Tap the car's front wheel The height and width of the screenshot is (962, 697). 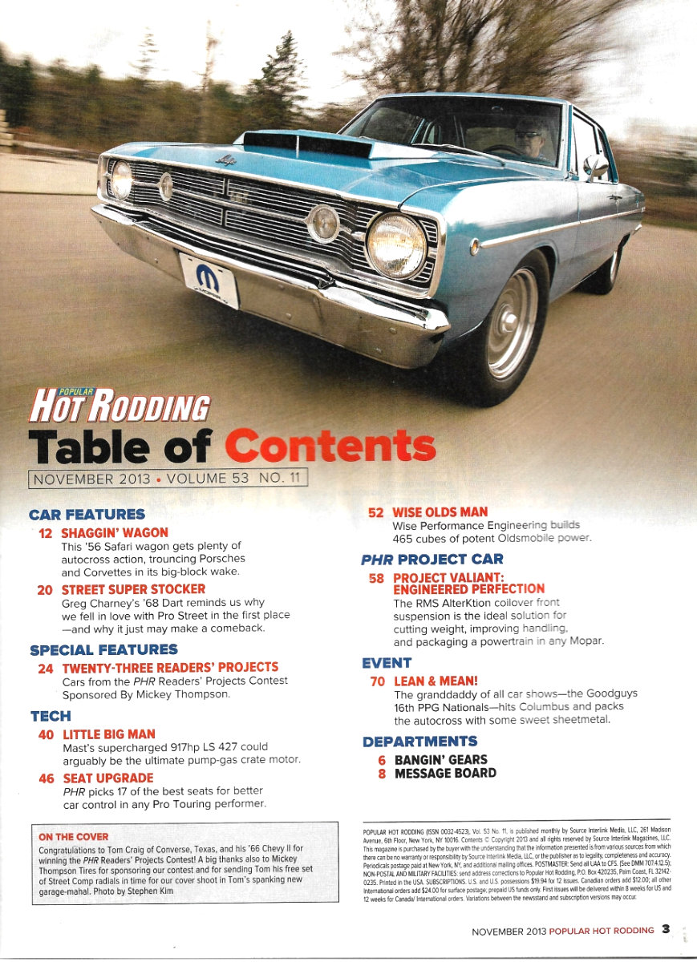[x=510, y=324]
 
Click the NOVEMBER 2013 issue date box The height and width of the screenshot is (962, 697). [x=168, y=479]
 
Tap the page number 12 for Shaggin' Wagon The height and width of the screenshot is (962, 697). [x=47, y=532]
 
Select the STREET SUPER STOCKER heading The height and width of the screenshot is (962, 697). [x=133, y=589]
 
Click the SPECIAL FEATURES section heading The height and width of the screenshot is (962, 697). [x=103, y=649]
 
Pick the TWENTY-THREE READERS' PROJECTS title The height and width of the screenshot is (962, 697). [x=170, y=667]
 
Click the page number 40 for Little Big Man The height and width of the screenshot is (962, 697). [x=47, y=734]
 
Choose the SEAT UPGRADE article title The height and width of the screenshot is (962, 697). [x=107, y=778]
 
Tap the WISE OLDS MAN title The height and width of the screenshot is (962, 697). [x=440, y=511]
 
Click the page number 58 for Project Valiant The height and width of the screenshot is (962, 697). [x=375, y=577]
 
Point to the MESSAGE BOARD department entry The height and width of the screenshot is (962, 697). [x=445, y=774]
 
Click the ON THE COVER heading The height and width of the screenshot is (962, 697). [x=74, y=837]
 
